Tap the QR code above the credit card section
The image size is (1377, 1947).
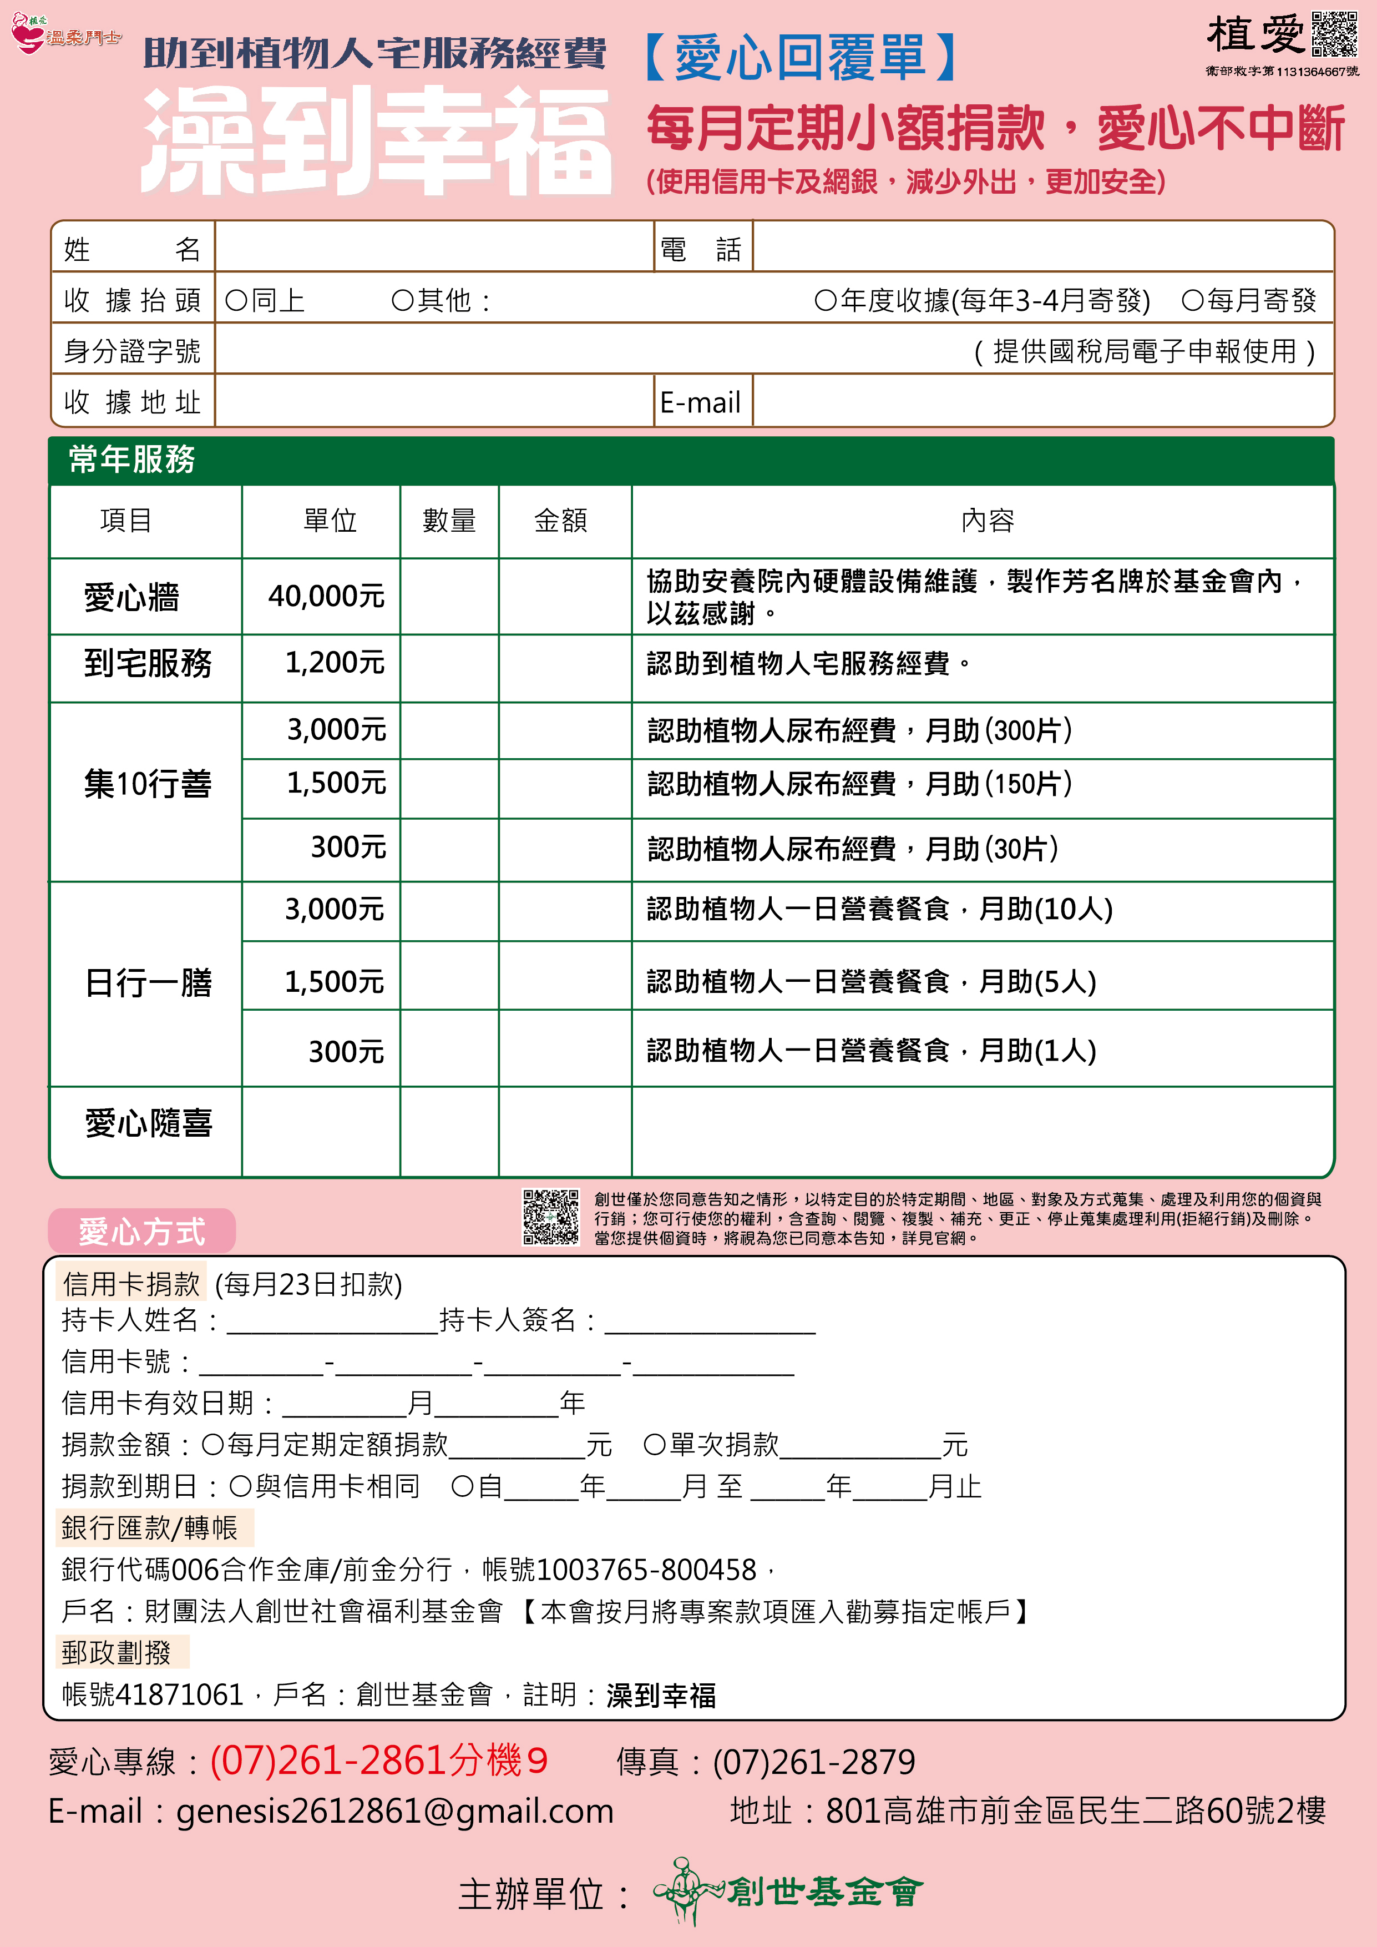pyautogui.click(x=550, y=1217)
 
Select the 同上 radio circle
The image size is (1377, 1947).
pyautogui.click(x=236, y=300)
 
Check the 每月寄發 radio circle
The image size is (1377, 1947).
pyautogui.click(x=1192, y=300)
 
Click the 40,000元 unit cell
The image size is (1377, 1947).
pyautogui.click(x=326, y=596)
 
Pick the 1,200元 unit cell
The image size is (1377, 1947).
pyautogui.click(x=335, y=662)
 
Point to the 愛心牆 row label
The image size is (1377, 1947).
pyautogui.click(x=131, y=597)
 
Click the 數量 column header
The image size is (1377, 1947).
pyautogui.click(x=449, y=520)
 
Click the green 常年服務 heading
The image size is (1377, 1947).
pyautogui.click(x=131, y=459)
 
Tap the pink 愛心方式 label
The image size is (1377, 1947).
pyautogui.click(x=141, y=1230)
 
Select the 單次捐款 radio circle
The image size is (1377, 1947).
pyautogui.click(x=654, y=1444)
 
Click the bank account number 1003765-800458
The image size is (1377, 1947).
pyautogui.click(x=646, y=1570)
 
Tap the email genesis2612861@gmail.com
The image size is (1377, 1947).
pyautogui.click(x=394, y=1810)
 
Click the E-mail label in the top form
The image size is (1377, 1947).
pyautogui.click(x=700, y=402)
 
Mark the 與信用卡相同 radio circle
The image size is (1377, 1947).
pyautogui.click(x=240, y=1486)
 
